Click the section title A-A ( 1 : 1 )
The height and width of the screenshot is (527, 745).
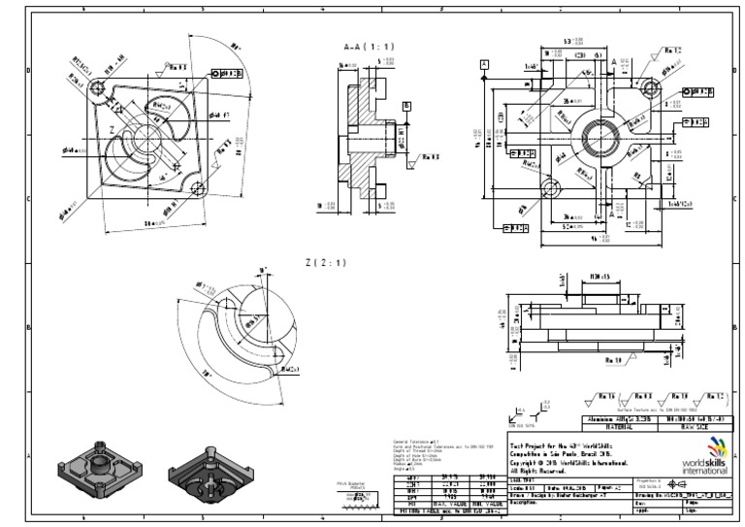(x=365, y=46)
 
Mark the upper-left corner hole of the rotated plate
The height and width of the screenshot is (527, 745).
(x=96, y=87)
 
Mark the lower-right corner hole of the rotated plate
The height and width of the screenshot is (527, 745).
(x=198, y=187)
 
